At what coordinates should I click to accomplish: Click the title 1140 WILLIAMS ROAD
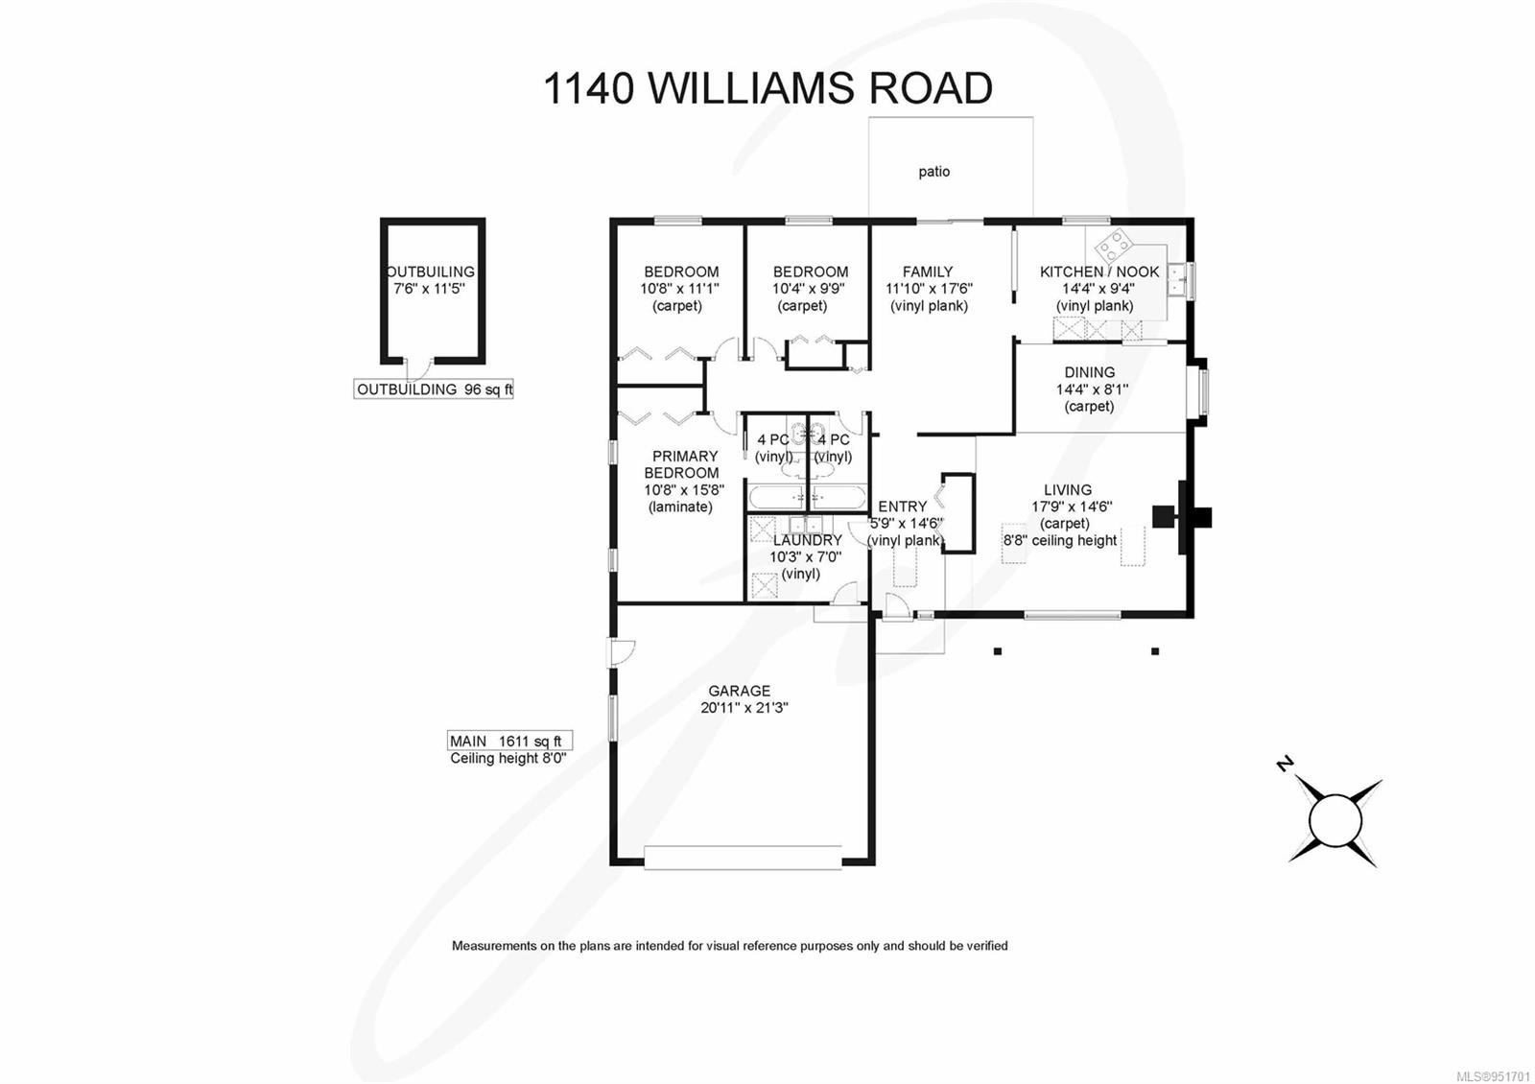pos(767,88)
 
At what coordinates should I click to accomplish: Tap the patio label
pos(933,172)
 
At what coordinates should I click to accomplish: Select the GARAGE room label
pos(739,691)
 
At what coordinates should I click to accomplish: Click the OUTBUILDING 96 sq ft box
pos(434,389)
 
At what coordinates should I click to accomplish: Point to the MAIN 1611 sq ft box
pos(509,741)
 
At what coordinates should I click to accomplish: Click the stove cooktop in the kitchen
pos(1114,247)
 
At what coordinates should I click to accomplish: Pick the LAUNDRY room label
pos(807,540)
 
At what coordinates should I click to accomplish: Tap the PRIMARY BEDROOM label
pos(682,464)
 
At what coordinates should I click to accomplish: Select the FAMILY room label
pos(927,271)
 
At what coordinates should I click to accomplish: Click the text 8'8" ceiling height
pos(1060,540)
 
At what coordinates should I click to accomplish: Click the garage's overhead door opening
pos(743,857)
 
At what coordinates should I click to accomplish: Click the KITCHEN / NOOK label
pos(1099,271)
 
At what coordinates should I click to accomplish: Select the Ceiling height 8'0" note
pos(508,758)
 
